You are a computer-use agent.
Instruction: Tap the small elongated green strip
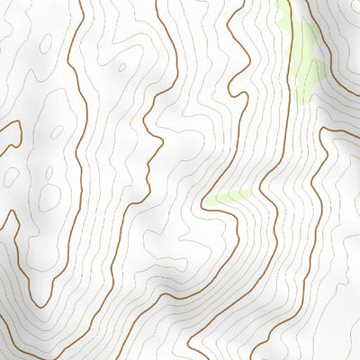232,196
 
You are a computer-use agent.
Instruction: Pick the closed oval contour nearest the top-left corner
42,43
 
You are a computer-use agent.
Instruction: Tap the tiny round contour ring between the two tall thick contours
121,67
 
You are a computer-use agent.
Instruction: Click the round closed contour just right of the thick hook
56,132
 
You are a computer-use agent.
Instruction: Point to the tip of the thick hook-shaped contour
19,126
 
